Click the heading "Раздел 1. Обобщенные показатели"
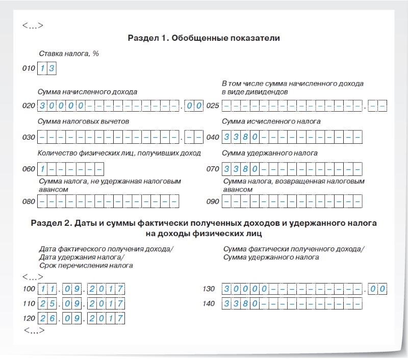point(204,38)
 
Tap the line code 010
point(29,68)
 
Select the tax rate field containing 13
point(46,68)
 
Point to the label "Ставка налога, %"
point(69,54)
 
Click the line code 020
point(29,106)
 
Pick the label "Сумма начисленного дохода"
point(87,92)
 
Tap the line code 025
point(213,106)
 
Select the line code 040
point(213,137)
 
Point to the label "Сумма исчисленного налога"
point(271,122)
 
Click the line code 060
point(29,169)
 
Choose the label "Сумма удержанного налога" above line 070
point(270,153)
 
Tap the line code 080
point(29,201)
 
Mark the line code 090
point(213,201)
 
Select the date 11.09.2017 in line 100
point(81,289)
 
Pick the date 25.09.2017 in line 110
point(81,304)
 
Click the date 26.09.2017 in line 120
point(81,319)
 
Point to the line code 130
point(209,289)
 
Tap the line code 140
point(209,304)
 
